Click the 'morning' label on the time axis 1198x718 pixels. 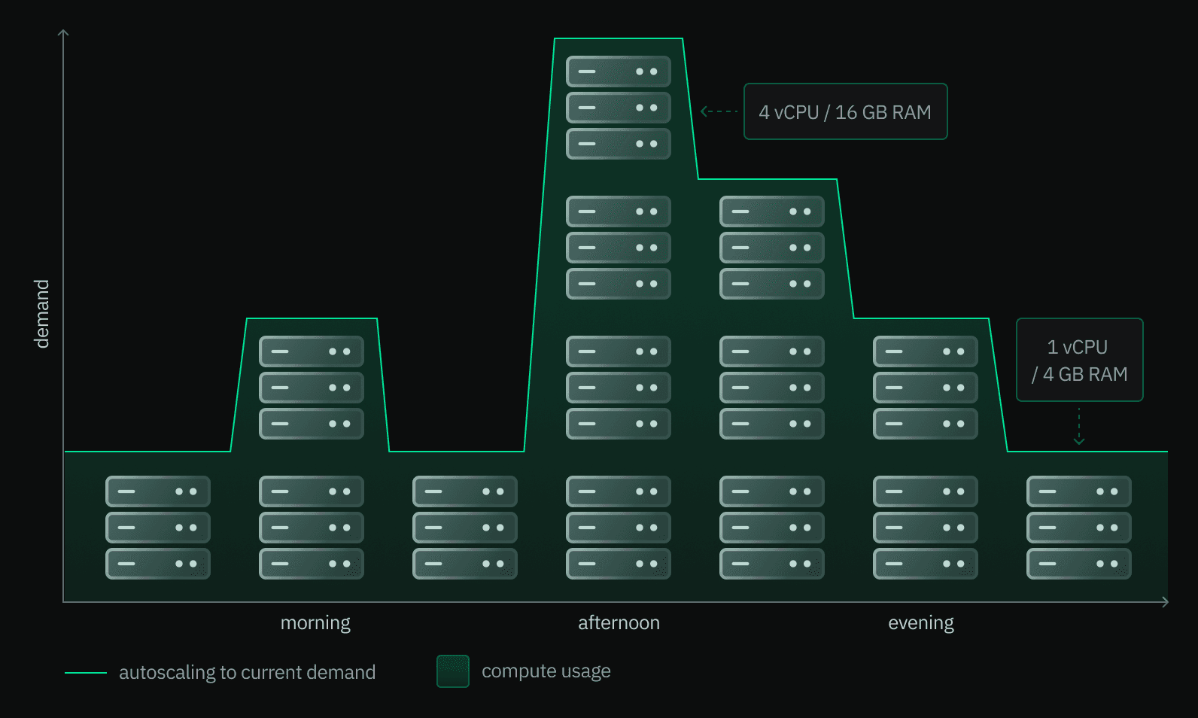[315, 623]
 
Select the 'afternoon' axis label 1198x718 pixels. [619, 623]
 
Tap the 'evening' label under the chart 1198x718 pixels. [920, 623]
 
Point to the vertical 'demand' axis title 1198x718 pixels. [41, 314]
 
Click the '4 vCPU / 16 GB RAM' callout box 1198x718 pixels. [845, 111]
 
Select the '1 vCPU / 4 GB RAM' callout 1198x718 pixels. [1079, 360]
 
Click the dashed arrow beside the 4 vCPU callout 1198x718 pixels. [719, 111]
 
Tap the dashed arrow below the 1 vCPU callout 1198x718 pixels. [1079, 426]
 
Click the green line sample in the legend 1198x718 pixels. [86, 672]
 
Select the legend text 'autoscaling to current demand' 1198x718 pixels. [247, 672]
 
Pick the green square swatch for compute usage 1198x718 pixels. [453, 671]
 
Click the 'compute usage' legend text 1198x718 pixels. [546, 671]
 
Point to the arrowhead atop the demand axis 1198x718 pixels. [63, 32]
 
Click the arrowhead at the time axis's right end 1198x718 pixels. [1165, 602]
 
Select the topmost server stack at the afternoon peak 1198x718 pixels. [619, 108]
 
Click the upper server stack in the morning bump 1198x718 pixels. [312, 388]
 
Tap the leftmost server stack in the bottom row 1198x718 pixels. [158, 528]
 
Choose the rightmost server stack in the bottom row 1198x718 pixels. [1079, 528]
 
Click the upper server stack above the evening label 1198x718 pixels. [926, 388]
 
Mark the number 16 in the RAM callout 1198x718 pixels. [846, 112]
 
